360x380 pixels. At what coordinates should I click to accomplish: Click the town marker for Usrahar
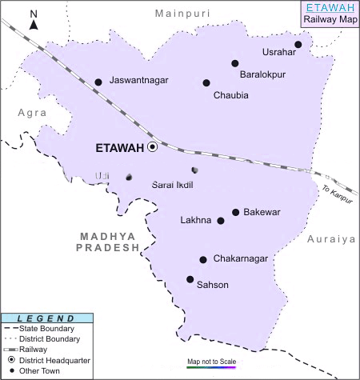click(x=298, y=45)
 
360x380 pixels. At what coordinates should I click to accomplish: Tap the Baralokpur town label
click(x=262, y=75)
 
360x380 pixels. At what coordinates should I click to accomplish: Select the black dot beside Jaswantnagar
click(x=98, y=82)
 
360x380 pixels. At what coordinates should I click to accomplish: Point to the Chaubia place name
click(x=230, y=95)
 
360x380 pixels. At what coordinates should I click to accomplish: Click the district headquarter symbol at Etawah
click(x=152, y=147)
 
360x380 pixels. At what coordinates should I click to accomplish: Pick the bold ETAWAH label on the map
click(x=118, y=148)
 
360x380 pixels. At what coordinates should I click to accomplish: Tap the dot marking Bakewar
click(x=235, y=212)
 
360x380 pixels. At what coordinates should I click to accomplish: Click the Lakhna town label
click(x=197, y=221)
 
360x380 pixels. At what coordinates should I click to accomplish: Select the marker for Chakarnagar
click(x=203, y=259)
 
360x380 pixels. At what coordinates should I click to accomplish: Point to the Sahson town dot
click(x=190, y=279)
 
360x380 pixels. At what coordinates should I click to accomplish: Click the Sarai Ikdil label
click(x=173, y=185)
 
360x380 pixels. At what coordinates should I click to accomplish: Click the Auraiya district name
click(x=330, y=238)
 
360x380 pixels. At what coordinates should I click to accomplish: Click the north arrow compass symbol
click(x=34, y=22)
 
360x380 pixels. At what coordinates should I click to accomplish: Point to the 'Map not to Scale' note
click(x=212, y=361)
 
